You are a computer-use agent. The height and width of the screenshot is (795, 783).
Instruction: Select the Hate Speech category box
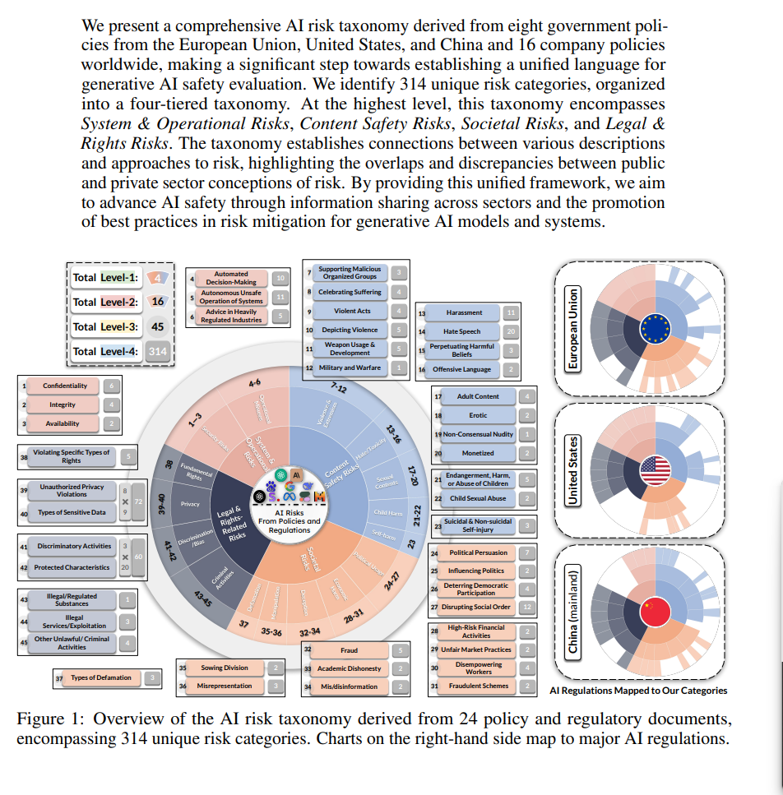coord(462,331)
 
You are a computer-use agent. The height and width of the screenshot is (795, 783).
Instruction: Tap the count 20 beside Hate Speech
coord(512,331)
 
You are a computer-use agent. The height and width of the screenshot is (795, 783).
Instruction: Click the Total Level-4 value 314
coord(157,351)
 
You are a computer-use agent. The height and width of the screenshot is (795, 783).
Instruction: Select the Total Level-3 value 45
coord(157,326)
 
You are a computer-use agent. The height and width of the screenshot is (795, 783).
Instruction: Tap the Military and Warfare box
coord(350,367)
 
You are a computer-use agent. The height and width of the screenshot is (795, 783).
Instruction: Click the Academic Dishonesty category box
coord(349,668)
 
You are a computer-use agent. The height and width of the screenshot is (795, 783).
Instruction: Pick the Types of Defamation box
coord(101,677)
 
